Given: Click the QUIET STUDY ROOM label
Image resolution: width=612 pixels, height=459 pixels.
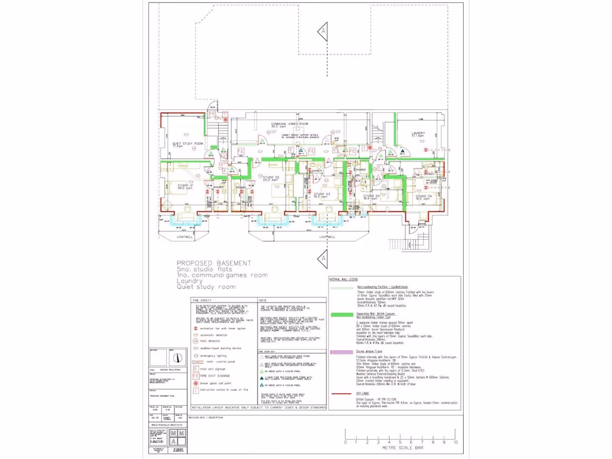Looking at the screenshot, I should [x=188, y=144].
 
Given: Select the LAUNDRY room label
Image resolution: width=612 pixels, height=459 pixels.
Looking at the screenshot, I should [x=418, y=134].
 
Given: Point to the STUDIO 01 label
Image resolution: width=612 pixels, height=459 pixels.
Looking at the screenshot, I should [x=185, y=186].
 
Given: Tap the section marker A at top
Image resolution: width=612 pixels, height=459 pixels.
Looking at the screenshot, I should [x=323, y=30].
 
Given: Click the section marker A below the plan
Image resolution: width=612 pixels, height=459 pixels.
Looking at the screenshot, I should [x=323, y=258].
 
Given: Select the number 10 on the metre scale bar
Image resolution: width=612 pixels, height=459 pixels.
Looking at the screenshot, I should [x=455, y=442].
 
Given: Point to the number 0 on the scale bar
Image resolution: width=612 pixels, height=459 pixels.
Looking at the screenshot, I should [x=345, y=442].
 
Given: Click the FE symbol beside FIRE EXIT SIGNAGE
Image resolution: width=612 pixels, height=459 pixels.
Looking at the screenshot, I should [x=194, y=377].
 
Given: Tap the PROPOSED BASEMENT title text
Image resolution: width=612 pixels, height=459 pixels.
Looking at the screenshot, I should [x=213, y=263].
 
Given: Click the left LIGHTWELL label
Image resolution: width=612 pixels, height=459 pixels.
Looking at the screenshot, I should [x=186, y=237].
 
